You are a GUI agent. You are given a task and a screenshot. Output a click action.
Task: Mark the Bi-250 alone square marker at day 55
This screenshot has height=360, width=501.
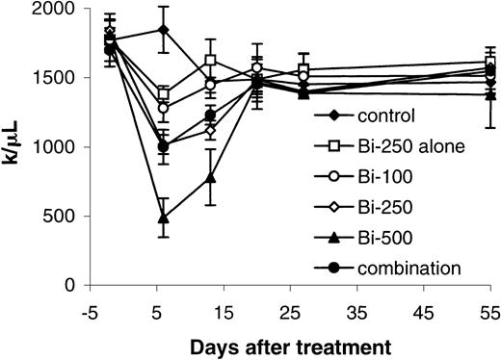[490, 63]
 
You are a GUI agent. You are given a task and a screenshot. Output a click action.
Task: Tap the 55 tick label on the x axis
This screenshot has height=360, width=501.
[489, 312]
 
